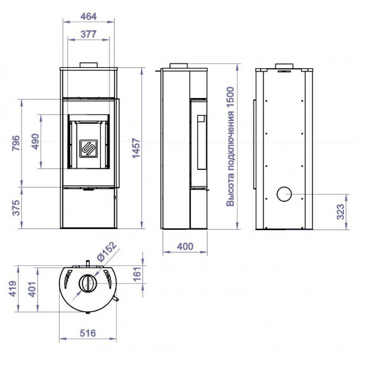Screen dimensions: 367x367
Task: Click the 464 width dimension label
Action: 89,17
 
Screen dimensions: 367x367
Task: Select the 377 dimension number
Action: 89,34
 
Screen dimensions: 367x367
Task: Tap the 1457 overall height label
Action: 136,148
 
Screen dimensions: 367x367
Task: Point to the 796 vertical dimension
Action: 16,143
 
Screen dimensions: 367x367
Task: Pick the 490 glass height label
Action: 35,142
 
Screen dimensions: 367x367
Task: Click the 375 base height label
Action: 16,208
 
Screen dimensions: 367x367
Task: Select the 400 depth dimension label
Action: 185,246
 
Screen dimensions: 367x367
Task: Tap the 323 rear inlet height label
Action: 341,212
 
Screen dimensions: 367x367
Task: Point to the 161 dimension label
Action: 137,274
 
